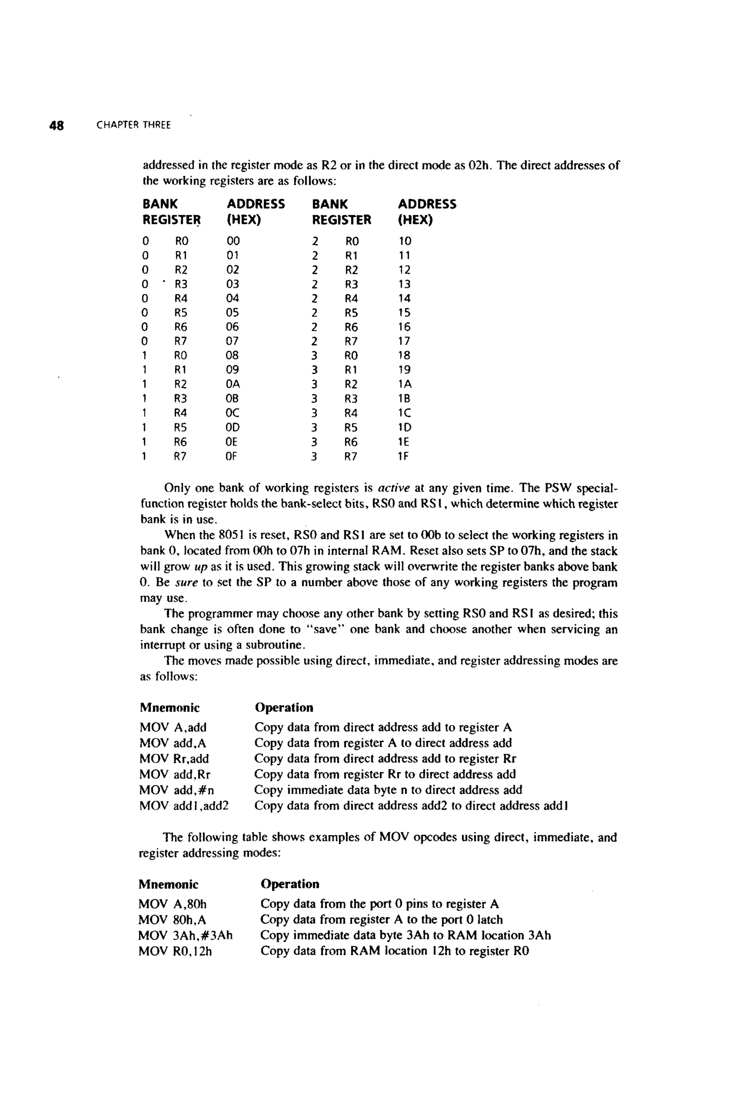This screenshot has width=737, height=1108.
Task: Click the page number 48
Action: (x=56, y=126)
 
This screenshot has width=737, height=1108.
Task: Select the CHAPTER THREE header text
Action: (x=134, y=126)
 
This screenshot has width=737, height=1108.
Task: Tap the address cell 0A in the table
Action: (x=233, y=384)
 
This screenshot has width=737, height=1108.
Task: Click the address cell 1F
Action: (x=404, y=456)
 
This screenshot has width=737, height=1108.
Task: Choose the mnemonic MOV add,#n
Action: (x=177, y=790)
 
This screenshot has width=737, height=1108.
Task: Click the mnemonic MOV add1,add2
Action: (x=184, y=806)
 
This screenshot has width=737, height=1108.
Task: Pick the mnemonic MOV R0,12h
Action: (x=175, y=951)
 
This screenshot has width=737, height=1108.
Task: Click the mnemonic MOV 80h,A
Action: (x=172, y=919)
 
